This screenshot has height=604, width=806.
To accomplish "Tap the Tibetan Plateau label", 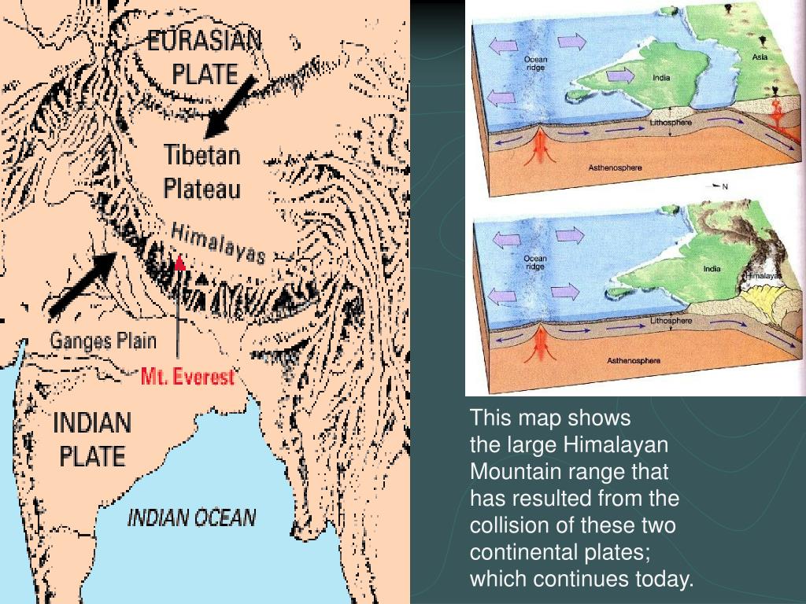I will click(202, 171).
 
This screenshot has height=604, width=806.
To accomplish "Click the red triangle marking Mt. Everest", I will click(180, 263).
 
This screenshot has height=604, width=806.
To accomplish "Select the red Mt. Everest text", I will click(187, 377).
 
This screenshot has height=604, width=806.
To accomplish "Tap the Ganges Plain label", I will click(103, 341).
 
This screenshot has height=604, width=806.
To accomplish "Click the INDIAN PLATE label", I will click(92, 440).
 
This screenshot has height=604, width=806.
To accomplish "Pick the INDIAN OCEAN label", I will click(191, 517).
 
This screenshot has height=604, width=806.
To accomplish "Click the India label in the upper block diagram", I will click(661, 77).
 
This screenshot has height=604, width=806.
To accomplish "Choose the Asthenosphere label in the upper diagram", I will click(616, 168).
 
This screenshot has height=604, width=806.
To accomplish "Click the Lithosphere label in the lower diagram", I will click(671, 320).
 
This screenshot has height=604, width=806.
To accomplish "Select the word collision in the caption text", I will click(505, 525).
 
